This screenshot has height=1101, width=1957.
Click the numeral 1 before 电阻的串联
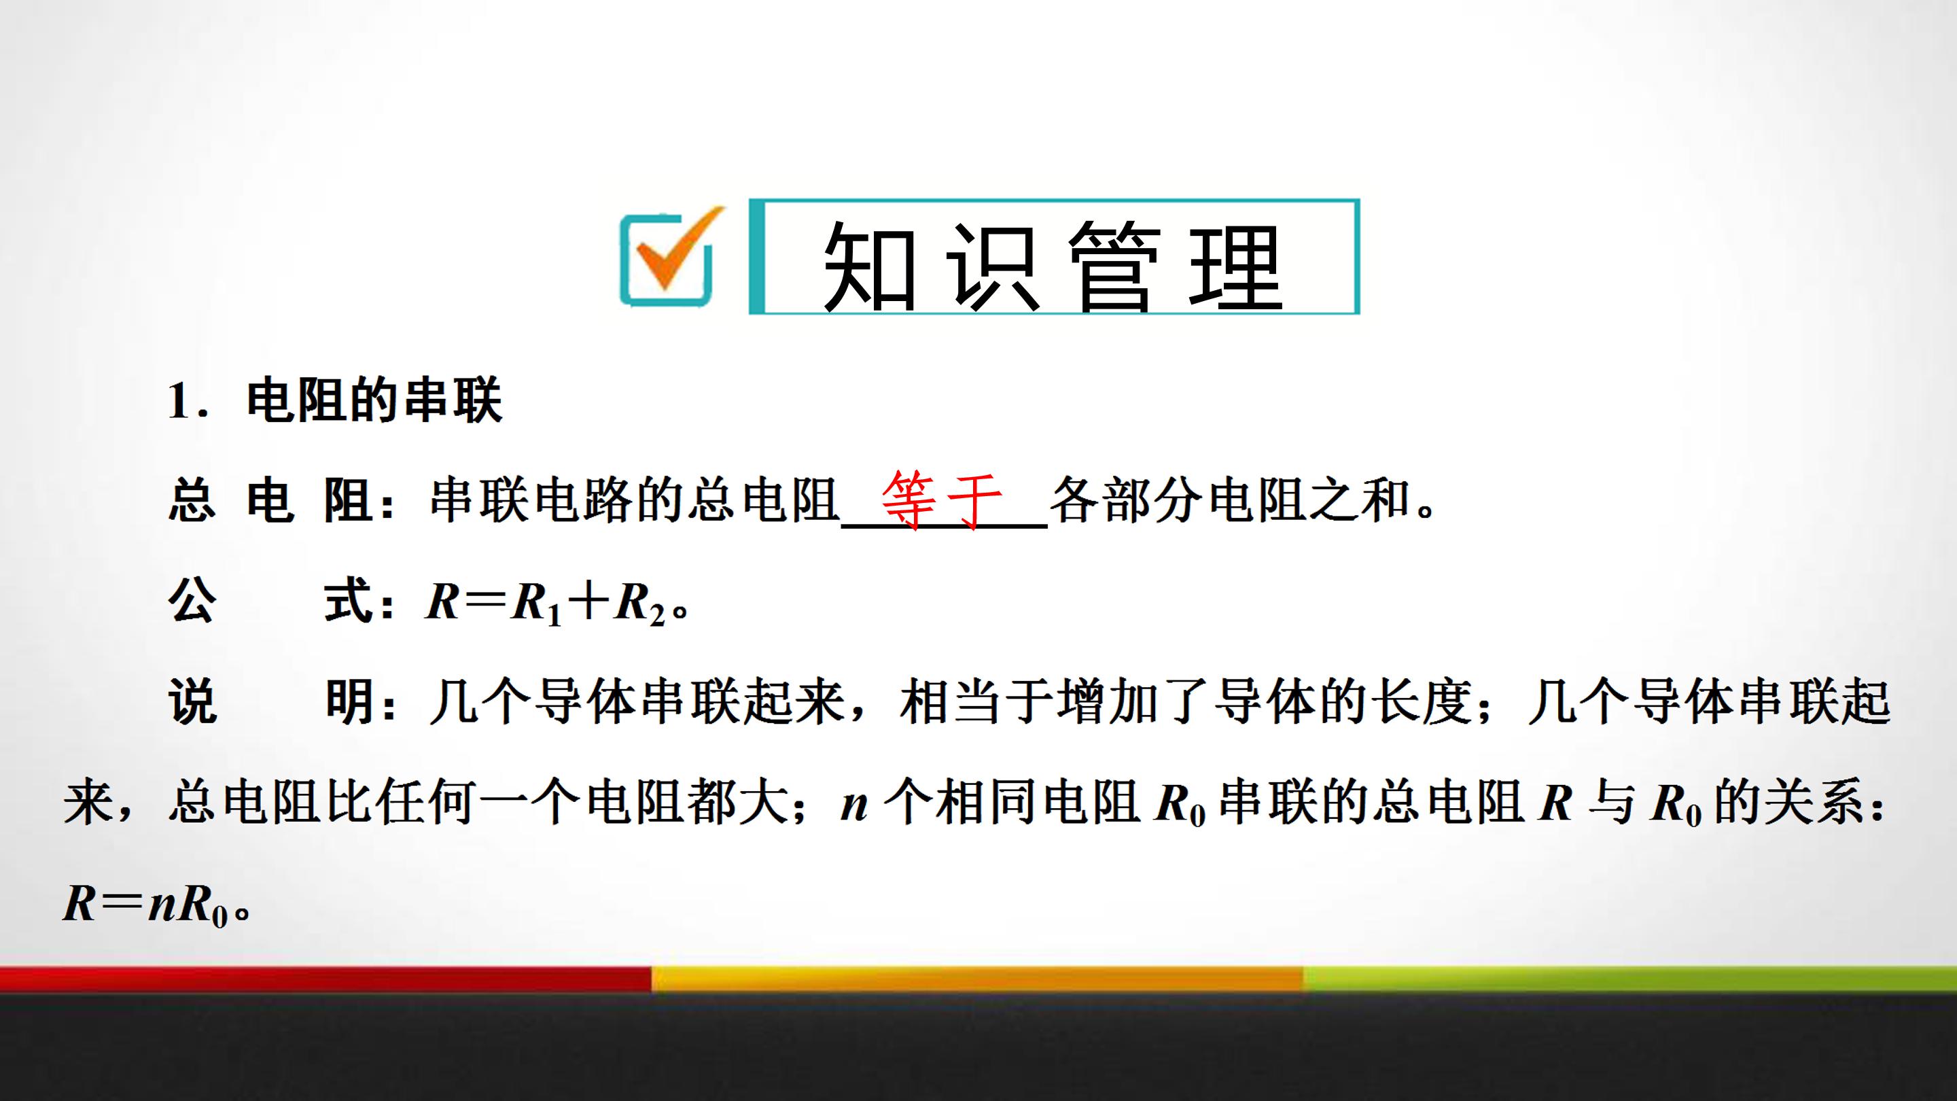tap(179, 400)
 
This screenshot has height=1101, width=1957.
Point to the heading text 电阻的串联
tap(374, 400)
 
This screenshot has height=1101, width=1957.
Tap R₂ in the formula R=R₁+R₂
tap(639, 604)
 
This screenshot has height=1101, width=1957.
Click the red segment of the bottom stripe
tap(325, 979)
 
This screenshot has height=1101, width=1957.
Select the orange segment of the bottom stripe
tap(977, 979)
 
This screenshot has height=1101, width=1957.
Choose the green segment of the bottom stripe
tap(1629, 979)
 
